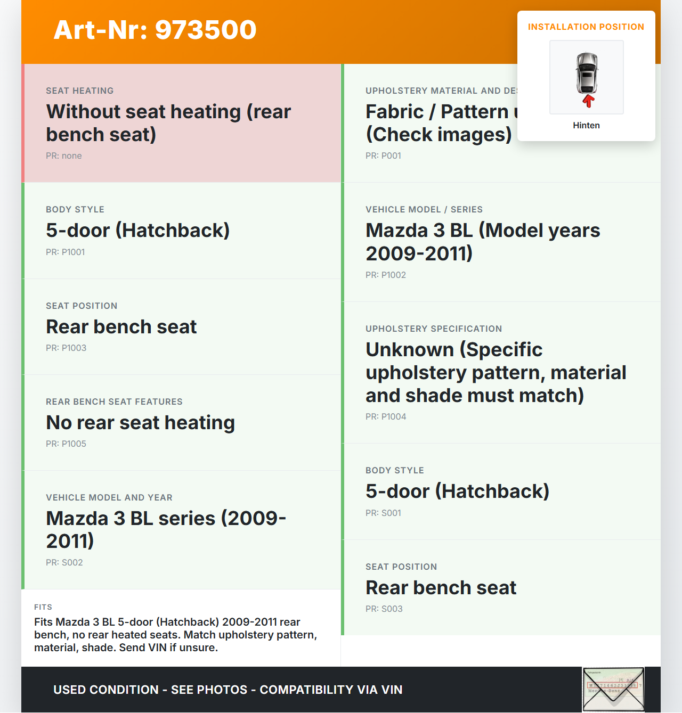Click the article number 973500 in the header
[x=206, y=30]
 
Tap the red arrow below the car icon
[x=588, y=101]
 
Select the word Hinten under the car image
[x=586, y=126]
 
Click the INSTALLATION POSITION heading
[x=586, y=27]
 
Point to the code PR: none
[x=64, y=156]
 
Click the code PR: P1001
[x=66, y=252]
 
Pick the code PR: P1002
[x=386, y=275]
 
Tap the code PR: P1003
[x=66, y=348]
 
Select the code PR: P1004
[x=386, y=417]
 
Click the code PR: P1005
[x=66, y=444]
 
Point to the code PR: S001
[x=383, y=513]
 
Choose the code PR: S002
[x=64, y=563]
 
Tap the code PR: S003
[x=384, y=609]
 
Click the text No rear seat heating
[x=141, y=423]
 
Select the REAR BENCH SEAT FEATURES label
[x=114, y=402]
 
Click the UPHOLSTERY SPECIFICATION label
[x=434, y=329]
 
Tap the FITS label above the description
[x=43, y=607]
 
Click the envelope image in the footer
[x=613, y=690]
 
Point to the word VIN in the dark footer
[x=392, y=690]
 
